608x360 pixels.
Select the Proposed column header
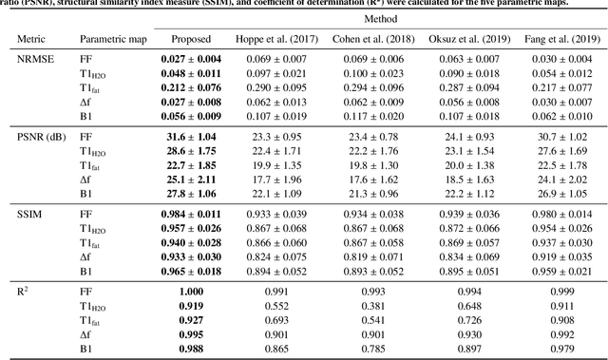[190, 41]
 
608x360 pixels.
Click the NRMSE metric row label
[35, 59]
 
